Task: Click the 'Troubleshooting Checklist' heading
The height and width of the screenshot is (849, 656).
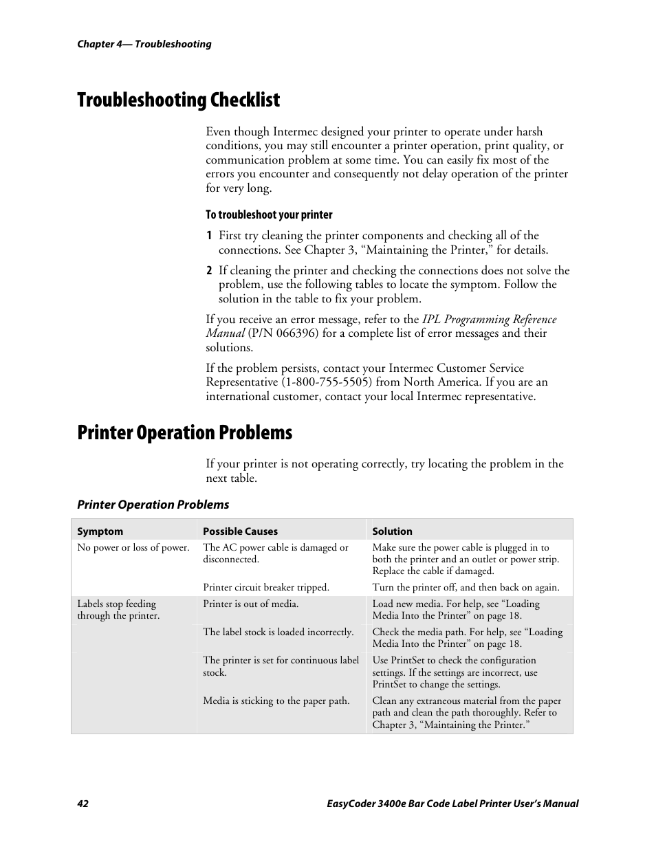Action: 179,100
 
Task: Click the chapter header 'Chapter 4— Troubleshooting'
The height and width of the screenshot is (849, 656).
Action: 144,44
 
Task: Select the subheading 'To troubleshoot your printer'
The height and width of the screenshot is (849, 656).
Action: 269,214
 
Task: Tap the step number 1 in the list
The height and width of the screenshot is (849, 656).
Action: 209,236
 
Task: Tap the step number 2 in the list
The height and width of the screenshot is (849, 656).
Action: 209,271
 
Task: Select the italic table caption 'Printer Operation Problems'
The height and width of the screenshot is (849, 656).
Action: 153,505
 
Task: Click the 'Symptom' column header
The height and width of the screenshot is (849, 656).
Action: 100,531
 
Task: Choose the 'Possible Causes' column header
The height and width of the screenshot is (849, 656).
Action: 240,531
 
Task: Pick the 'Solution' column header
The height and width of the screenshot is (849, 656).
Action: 392,531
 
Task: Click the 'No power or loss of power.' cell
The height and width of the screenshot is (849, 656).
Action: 133,548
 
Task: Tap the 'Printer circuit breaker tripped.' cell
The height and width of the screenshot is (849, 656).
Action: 265,588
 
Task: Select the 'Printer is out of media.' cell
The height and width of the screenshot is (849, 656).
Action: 250,604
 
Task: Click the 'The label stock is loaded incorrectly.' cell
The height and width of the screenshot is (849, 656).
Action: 278,632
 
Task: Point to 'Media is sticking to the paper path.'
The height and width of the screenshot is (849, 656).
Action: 276,701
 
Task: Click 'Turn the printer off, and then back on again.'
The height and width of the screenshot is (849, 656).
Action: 466,588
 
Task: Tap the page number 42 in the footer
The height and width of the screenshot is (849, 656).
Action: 83,804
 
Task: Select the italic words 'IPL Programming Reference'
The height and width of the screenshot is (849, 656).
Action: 489,320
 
